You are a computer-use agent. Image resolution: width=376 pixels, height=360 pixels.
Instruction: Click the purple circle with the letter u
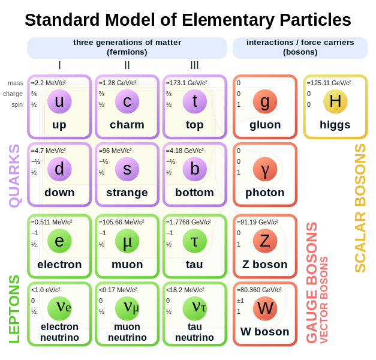click(x=59, y=101)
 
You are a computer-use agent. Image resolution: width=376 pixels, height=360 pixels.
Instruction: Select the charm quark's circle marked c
click(x=127, y=101)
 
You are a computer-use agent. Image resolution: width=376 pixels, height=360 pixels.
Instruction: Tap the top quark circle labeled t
click(x=194, y=101)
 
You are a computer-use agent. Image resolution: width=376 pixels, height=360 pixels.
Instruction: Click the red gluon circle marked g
click(x=264, y=101)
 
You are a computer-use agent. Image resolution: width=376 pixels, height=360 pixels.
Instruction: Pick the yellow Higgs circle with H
click(x=335, y=101)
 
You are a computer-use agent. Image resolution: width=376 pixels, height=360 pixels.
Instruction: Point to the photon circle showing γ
click(x=264, y=169)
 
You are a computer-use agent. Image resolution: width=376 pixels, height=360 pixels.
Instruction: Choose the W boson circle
click(x=264, y=308)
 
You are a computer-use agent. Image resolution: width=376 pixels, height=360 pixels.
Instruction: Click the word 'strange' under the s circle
click(x=127, y=193)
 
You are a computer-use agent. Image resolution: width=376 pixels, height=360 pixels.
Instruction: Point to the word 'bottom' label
click(x=194, y=193)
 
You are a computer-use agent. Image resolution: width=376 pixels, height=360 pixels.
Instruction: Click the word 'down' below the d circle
click(x=59, y=193)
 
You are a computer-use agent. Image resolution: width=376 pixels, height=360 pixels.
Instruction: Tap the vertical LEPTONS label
click(x=14, y=308)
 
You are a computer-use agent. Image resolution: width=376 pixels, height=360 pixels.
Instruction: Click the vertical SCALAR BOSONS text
click(x=360, y=208)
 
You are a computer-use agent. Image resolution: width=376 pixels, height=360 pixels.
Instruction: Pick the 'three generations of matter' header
click(x=127, y=43)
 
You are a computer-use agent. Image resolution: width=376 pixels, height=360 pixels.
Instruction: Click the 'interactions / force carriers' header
click(x=300, y=43)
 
